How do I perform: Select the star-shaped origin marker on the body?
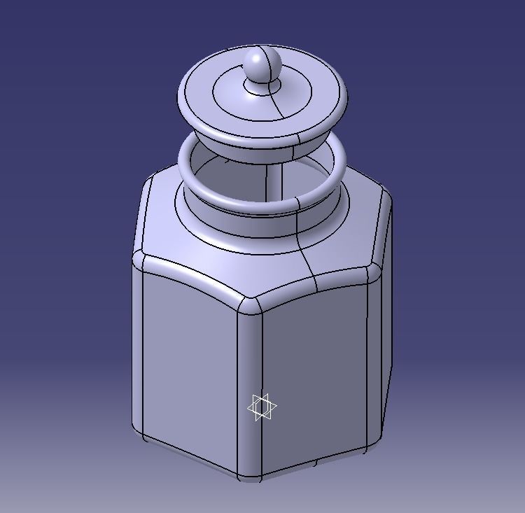[x=262, y=407]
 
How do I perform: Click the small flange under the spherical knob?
[x=262, y=88]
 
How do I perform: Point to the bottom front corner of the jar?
[x=250, y=476]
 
